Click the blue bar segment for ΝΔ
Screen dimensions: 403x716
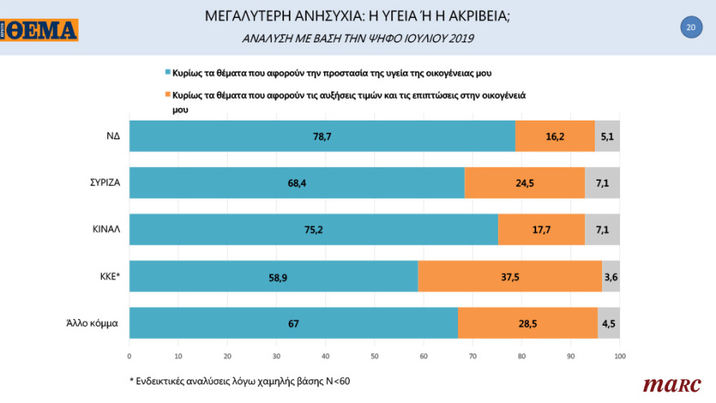tap(324, 136)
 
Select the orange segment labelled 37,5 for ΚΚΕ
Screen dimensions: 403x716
tap(510, 277)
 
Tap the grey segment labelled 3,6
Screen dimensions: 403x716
tap(610, 277)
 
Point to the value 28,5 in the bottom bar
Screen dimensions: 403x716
tap(528, 324)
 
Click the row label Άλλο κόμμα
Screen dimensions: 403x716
tap(94, 323)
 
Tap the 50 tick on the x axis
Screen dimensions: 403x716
tap(374, 356)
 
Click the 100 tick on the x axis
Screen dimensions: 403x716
tap(619, 356)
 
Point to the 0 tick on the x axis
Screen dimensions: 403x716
tap(129, 356)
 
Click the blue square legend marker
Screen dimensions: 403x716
tap(168, 73)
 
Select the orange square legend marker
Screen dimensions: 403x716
tap(168, 95)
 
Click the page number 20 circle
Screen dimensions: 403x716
tap(690, 28)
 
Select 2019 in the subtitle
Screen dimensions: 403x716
tap(459, 37)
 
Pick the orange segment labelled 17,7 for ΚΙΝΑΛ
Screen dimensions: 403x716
tap(541, 230)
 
